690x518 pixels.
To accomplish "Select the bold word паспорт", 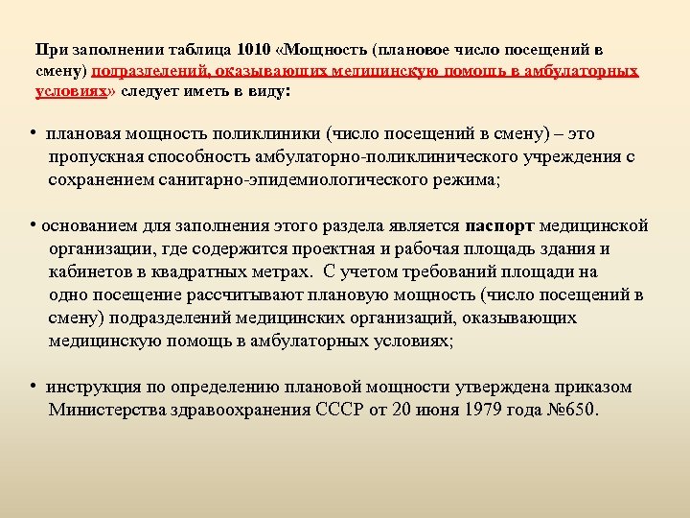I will (x=499, y=226).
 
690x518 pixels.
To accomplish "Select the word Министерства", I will (x=108, y=410).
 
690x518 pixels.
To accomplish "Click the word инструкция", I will (x=93, y=388).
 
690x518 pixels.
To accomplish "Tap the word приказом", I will (x=591, y=388).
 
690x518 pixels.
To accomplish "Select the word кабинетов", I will (x=88, y=271).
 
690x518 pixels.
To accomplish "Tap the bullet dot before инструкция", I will (x=34, y=387).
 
